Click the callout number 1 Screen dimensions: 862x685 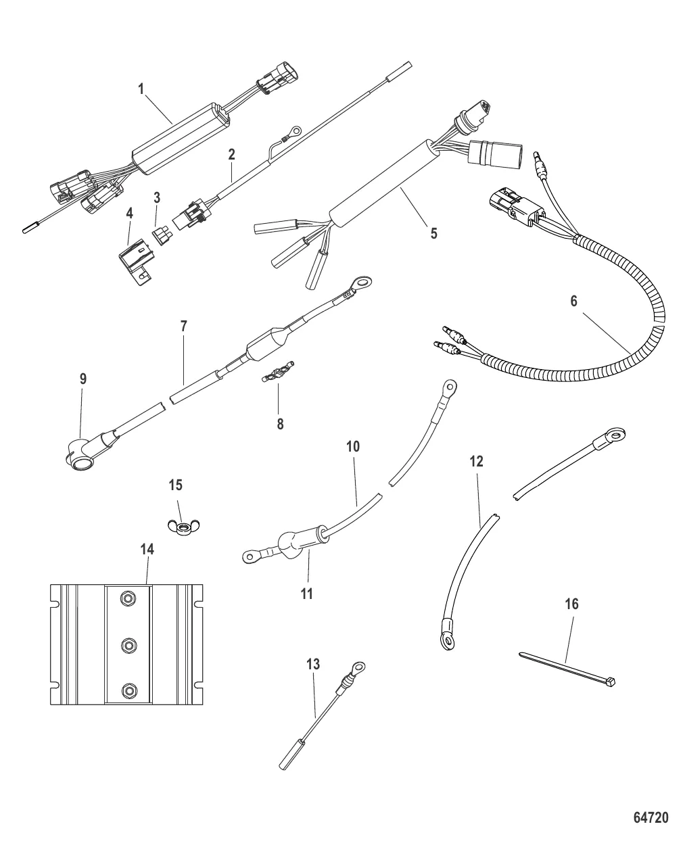142,88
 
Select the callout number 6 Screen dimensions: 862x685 573,301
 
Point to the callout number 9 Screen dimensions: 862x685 83,379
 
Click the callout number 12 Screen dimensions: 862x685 477,462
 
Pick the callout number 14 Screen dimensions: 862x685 147,549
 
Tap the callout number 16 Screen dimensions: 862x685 571,604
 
